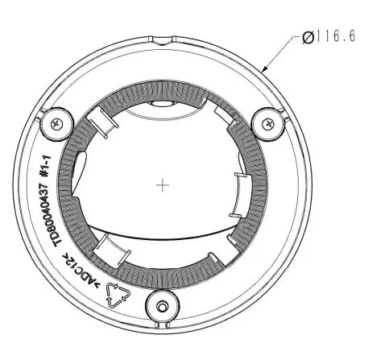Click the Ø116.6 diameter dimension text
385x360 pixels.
point(329,36)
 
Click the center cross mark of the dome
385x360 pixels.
point(163,185)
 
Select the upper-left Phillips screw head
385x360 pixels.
point(57,124)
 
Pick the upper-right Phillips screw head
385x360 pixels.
point(268,124)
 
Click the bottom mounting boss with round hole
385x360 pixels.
point(162,306)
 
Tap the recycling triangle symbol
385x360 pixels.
point(118,295)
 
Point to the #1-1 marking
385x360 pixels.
point(45,166)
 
